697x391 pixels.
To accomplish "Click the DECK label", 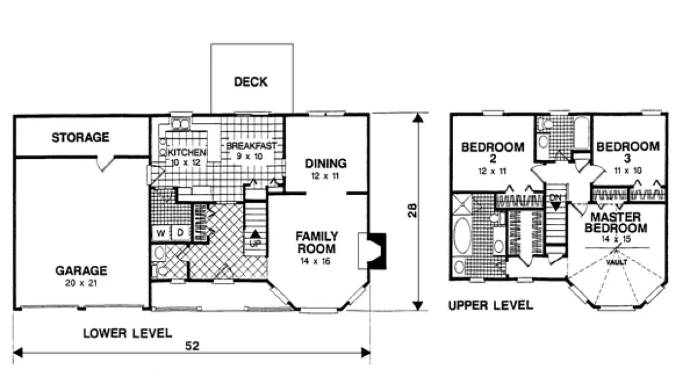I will (250, 82).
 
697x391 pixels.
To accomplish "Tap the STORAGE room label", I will (80, 138).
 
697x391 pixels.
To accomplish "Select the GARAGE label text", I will (81, 271).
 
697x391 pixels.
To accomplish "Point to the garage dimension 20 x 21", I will (81, 284).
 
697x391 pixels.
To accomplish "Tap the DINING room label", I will (326, 164).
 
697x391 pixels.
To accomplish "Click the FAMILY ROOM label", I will (316, 242).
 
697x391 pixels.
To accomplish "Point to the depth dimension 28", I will (413, 211).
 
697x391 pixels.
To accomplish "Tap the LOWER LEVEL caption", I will (127, 333).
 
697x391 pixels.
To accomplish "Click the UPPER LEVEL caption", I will (490, 305).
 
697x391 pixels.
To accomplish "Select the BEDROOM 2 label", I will (492, 152).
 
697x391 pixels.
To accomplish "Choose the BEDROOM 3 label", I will (627, 152).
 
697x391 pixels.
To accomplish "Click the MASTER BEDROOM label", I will (615, 223).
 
